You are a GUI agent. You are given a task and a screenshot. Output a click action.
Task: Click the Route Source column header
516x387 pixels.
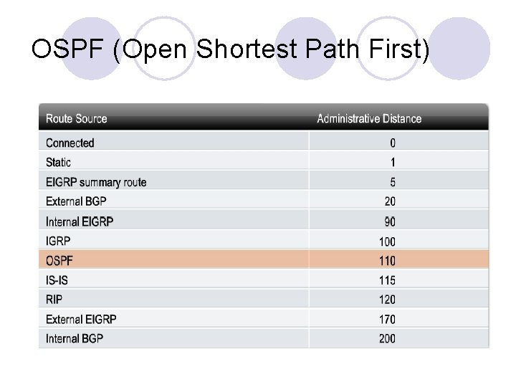pos(77,118)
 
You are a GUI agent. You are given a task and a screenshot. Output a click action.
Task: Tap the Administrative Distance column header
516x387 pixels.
pos(369,118)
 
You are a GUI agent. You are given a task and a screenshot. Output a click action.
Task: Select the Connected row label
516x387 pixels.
pos(70,143)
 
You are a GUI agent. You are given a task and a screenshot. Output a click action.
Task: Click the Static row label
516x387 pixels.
pos(59,163)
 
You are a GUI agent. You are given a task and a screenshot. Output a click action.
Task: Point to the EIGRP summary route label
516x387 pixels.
pos(96,182)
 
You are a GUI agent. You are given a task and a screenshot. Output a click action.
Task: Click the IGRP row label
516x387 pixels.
pos(59,242)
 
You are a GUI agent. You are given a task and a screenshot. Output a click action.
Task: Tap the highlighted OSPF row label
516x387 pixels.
pos(59,260)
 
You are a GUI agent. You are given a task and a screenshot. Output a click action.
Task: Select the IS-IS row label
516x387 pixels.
pos(59,280)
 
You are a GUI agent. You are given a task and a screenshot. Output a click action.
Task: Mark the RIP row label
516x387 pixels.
pos(54,299)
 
